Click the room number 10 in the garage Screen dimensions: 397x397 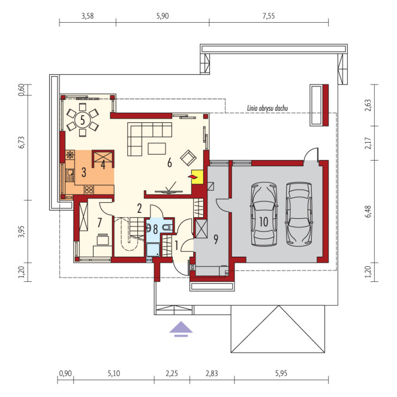click(264, 221)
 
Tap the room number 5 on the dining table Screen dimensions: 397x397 click(83, 120)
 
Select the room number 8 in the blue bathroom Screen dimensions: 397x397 click(155, 229)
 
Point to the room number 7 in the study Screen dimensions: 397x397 click(100, 222)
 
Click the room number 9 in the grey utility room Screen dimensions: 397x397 click(216, 239)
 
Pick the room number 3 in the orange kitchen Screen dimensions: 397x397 click(83, 172)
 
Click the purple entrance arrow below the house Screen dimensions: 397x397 click(181, 329)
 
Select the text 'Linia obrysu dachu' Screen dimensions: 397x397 click(267, 109)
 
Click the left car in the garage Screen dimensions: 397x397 click(263, 215)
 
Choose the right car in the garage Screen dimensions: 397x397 click(299, 214)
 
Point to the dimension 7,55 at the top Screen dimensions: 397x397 click(269, 16)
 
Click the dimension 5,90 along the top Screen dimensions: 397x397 click(163, 16)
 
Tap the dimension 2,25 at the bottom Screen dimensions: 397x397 click(172, 374)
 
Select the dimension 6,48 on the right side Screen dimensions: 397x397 click(368, 211)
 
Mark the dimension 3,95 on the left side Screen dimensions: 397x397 click(22, 231)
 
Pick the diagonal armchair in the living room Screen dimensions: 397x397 click(188, 158)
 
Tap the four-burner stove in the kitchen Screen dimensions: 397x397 click(89, 190)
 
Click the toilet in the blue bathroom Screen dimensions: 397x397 click(167, 227)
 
